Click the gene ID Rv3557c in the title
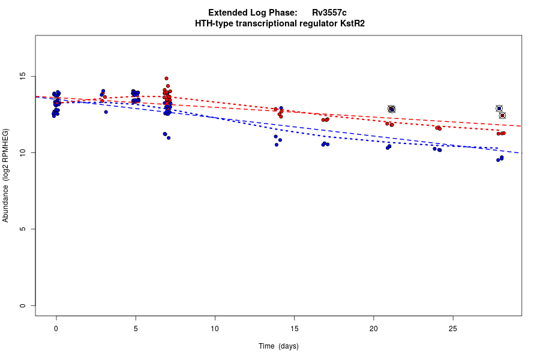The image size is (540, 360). click(329, 13)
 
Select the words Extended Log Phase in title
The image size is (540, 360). click(252, 13)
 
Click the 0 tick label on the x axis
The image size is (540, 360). click(56, 328)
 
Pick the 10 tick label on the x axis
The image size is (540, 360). click(215, 328)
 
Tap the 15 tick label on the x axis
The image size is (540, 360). click(294, 328)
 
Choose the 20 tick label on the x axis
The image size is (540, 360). click(373, 328)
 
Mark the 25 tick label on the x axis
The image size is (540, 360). click(452, 328)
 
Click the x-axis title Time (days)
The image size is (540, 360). click(278, 346)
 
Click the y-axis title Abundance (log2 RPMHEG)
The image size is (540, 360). click(6, 175)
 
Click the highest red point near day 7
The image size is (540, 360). click(166, 78)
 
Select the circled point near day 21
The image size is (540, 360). click(391, 109)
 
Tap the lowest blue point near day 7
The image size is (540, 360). click(169, 138)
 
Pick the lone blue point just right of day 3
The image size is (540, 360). click(106, 112)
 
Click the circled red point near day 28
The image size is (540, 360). click(502, 115)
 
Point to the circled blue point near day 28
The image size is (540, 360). click(499, 109)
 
